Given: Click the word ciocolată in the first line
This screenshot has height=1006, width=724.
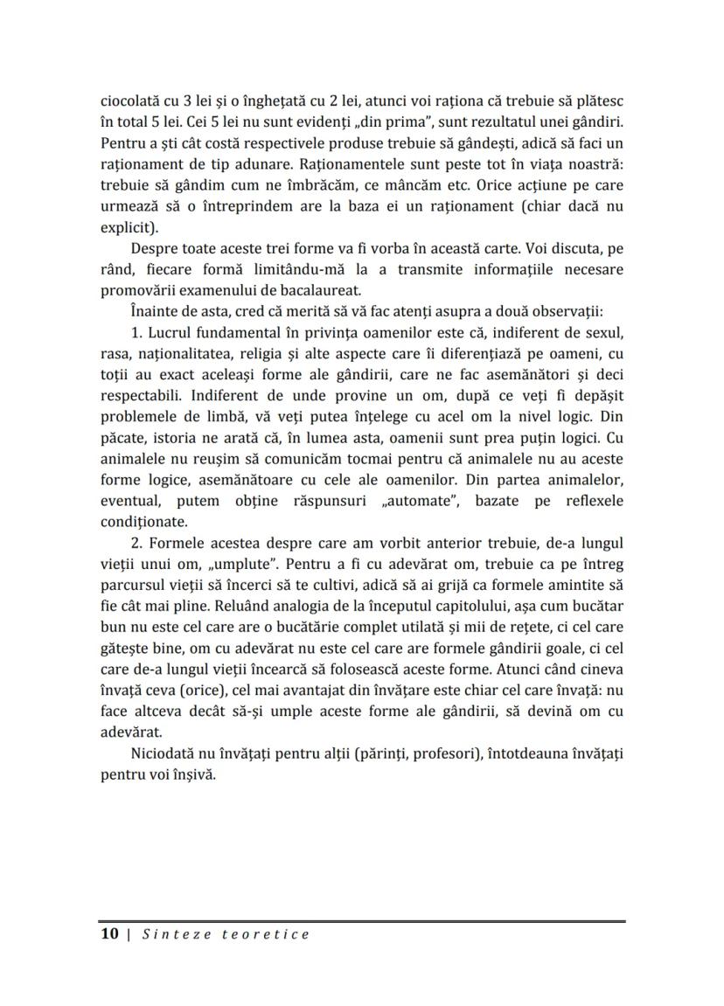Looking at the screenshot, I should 131,101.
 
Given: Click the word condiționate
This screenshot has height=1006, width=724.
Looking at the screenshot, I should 143,522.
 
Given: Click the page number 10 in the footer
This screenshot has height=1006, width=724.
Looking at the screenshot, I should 109,934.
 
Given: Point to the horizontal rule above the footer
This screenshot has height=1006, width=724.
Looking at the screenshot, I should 362,921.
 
